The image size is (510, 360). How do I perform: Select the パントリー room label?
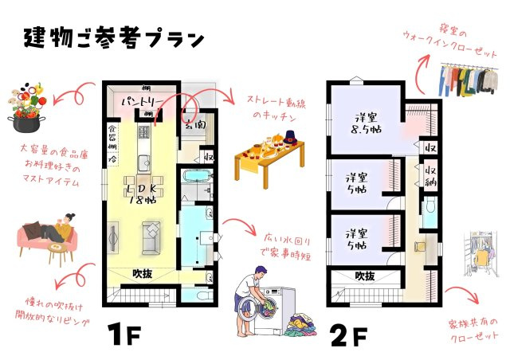pos(143,103)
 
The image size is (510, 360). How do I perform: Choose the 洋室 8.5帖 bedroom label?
pos(368,121)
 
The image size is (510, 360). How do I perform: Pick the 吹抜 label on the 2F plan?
pos(364,276)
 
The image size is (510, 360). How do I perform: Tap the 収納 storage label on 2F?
pos(430,174)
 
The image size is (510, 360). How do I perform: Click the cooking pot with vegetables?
pos(26,112)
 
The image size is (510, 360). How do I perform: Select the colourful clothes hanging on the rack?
pos(464,80)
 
